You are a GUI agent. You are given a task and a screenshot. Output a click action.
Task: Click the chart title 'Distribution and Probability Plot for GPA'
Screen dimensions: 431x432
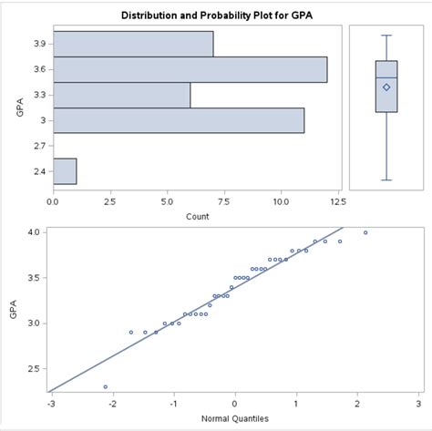click(x=216, y=15)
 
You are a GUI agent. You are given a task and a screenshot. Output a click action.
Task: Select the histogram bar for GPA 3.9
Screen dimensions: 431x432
click(x=133, y=44)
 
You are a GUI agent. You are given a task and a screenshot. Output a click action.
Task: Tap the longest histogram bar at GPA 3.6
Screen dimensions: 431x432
click(x=190, y=69)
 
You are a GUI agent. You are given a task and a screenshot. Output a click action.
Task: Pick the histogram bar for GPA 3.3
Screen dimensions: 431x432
click(x=121, y=95)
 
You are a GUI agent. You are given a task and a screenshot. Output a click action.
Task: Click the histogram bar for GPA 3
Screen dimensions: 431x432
click(x=179, y=120)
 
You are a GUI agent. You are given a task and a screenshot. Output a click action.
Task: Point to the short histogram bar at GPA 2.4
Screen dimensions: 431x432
click(x=65, y=170)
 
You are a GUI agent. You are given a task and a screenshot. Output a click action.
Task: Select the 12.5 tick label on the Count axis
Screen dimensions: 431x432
click(x=337, y=200)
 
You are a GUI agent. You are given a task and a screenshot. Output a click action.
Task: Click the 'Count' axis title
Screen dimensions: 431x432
click(x=196, y=216)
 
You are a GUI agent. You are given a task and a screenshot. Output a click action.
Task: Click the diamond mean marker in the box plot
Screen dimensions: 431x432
click(x=386, y=87)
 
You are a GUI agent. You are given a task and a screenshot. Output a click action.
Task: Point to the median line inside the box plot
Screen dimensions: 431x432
click(x=386, y=77)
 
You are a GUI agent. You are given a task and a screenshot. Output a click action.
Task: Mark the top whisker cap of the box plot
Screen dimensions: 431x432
click(x=386, y=36)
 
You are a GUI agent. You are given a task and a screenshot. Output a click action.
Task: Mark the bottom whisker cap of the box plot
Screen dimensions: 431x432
click(x=386, y=180)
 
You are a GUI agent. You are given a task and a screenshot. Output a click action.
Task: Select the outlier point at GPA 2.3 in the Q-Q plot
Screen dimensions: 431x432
click(x=105, y=386)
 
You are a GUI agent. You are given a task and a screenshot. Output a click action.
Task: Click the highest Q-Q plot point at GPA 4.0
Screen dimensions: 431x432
click(x=365, y=232)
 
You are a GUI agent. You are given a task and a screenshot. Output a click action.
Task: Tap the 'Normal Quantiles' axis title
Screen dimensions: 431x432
click(x=234, y=419)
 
